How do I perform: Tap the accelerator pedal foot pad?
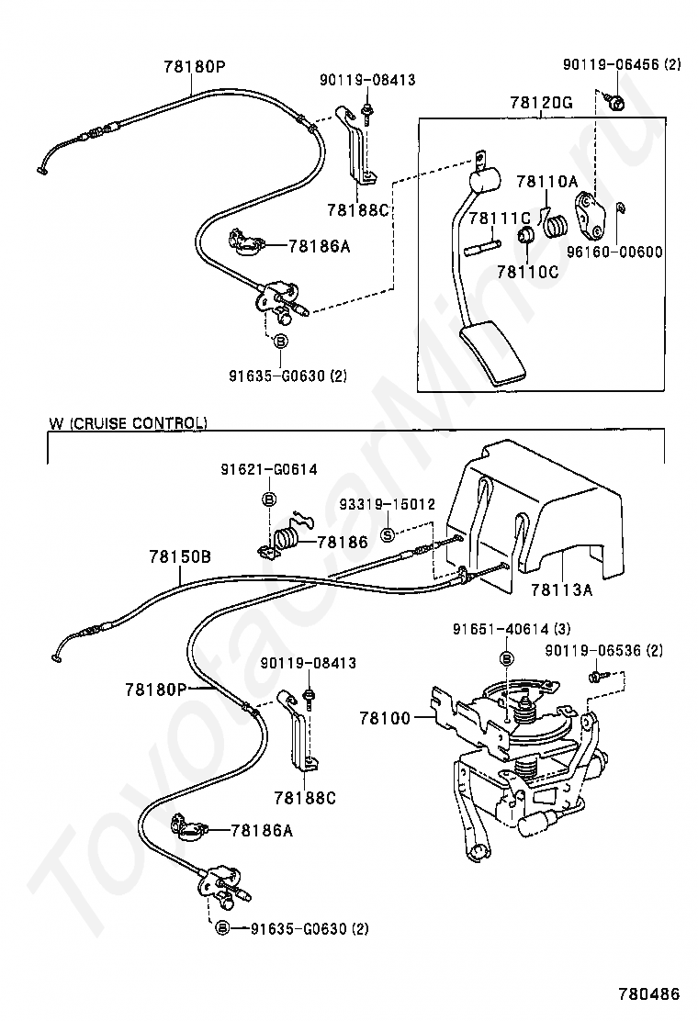click(492, 357)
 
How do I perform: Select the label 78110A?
click(547, 182)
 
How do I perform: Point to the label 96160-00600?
click(614, 252)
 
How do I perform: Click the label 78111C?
click(500, 219)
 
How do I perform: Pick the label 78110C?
click(528, 271)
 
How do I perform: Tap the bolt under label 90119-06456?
click(614, 101)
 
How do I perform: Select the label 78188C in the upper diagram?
click(357, 209)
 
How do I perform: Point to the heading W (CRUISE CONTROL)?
click(129, 422)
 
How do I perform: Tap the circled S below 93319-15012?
click(388, 535)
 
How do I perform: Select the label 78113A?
click(561, 590)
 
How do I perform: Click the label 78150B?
click(180, 556)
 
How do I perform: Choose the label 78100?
click(386, 718)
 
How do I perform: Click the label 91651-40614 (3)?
click(512, 628)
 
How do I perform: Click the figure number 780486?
click(648, 993)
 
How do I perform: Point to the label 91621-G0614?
click(269, 469)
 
